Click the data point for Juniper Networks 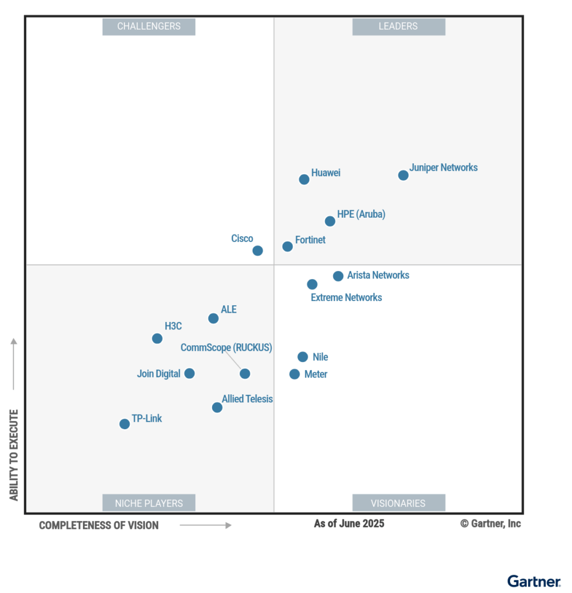403,175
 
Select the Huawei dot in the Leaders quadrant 304,180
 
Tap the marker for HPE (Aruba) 330,221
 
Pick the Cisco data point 258,251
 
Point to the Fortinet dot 287,247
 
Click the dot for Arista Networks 338,276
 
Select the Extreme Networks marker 312,284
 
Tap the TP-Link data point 125,424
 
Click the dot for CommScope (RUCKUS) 245,374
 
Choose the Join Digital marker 190,374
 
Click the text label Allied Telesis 247,399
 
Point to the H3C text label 173,326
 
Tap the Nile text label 320,357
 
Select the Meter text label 316,375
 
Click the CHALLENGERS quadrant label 149,27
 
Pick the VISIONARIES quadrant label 399,503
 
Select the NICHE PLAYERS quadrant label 149,503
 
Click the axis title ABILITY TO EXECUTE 14,455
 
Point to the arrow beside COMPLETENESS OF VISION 205,525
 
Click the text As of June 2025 349,524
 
